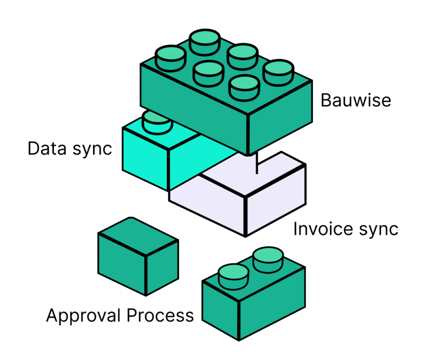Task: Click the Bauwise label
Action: coord(355,101)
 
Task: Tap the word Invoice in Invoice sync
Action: coord(319,229)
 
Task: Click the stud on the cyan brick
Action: coord(157,122)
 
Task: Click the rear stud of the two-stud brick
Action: coord(268,259)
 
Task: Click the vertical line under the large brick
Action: coord(256,163)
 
